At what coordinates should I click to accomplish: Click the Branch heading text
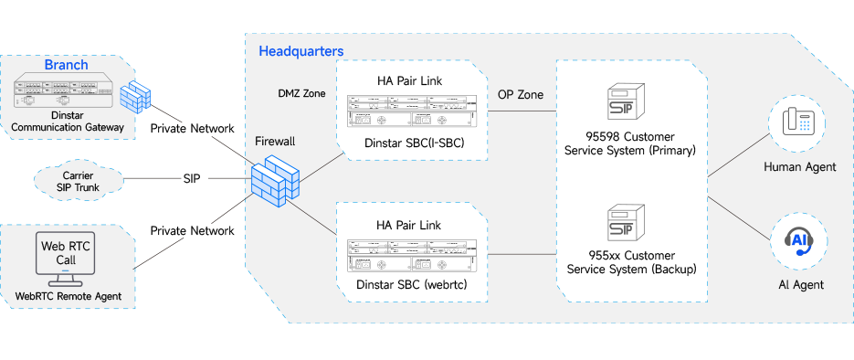click(x=66, y=65)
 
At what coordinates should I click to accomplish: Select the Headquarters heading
click(x=301, y=51)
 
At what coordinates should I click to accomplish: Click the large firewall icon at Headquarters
click(x=276, y=181)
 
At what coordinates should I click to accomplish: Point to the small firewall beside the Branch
click(x=134, y=97)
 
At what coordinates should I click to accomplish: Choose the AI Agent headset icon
click(x=798, y=240)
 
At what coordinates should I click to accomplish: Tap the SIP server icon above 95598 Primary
click(x=626, y=101)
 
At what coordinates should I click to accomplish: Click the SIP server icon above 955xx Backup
click(x=626, y=222)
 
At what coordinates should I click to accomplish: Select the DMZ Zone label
click(x=301, y=94)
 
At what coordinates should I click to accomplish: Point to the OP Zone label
click(x=520, y=94)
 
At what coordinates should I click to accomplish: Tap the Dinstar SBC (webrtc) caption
click(x=412, y=285)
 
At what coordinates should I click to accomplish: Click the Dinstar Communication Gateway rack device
click(x=65, y=91)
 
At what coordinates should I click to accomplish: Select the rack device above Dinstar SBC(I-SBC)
click(x=412, y=111)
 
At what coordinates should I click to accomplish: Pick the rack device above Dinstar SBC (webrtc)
click(x=412, y=256)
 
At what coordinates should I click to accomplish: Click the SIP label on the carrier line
click(x=192, y=179)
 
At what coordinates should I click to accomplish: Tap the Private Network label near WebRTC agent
click(x=192, y=230)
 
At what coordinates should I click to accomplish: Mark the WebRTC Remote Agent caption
click(x=69, y=297)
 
